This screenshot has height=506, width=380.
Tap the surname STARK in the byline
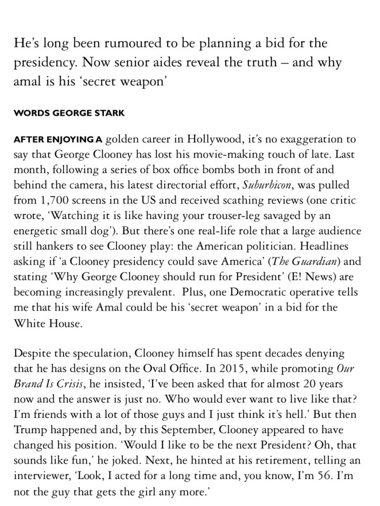pos(107,113)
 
